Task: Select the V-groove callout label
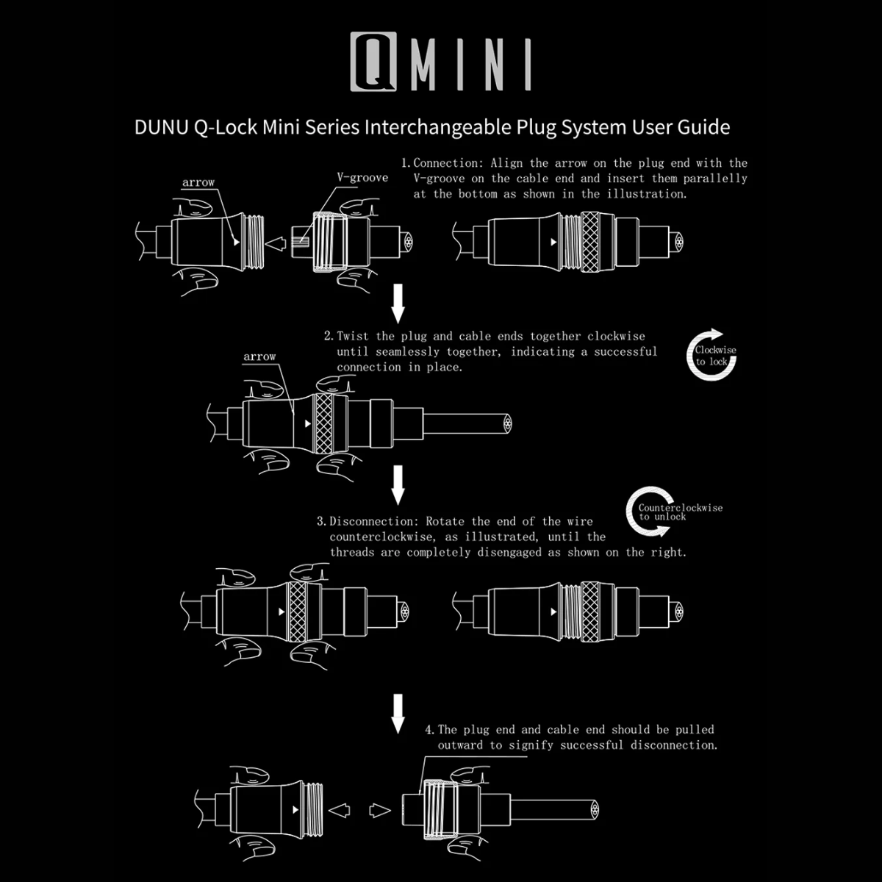coord(362,178)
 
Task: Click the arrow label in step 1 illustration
coord(198,182)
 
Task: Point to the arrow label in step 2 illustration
coord(259,357)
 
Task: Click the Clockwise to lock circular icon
coord(712,356)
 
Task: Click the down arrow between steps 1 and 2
coord(398,304)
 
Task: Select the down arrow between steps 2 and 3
coord(398,485)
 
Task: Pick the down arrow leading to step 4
coord(398,713)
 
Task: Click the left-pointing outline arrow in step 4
coord(338,811)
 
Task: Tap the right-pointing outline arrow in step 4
coord(379,811)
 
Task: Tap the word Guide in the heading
coord(703,127)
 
